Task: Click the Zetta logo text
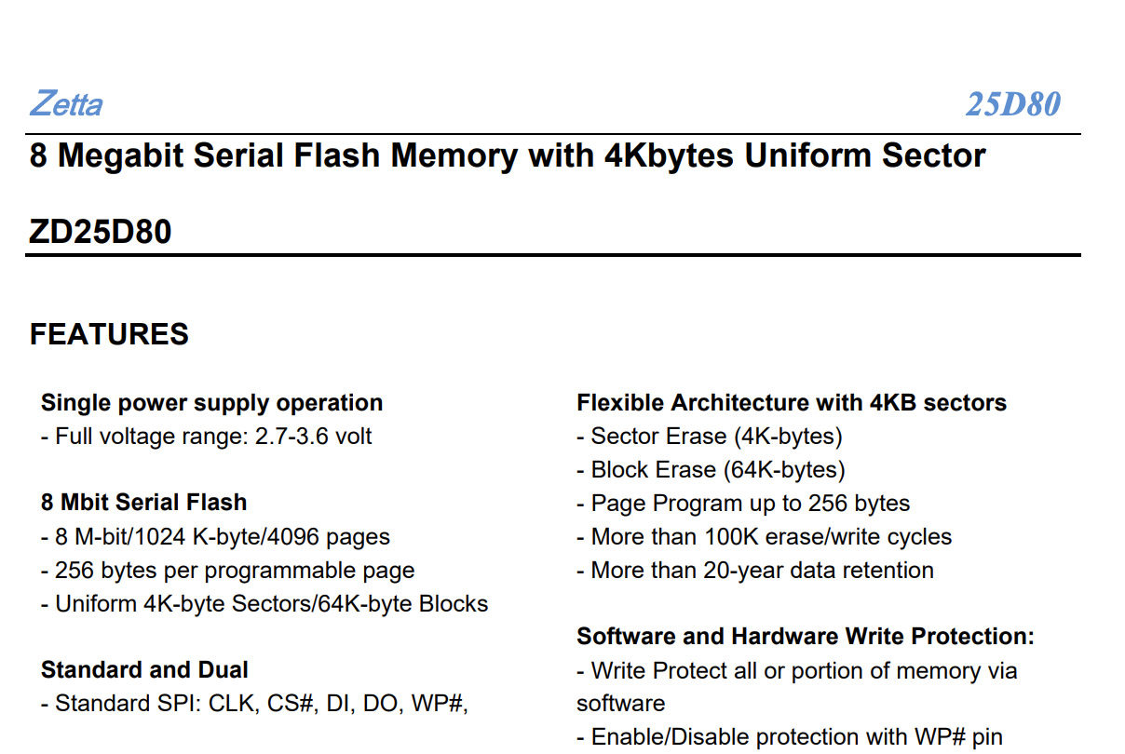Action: pyautogui.click(x=65, y=103)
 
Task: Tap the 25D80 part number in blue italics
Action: pyautogui.click(x=1012, y=104)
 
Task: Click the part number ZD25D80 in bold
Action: pyautogui.click(x=101, y=231)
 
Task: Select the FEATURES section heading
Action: pyautogui.click(x=109, y=334)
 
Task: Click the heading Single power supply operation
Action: pyautogui.click(x=211, y=403)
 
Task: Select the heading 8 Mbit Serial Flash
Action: pyautogui.click(x=143, y=503)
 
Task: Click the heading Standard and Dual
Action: pyautogui.click(x=144, y=670)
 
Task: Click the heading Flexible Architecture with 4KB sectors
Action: pyautogui.click(x=792, y=403)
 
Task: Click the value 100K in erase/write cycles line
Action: pyautogui.click(x=752, y=537)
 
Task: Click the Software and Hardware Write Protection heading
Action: pyautogui.click(x=806, y=637)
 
